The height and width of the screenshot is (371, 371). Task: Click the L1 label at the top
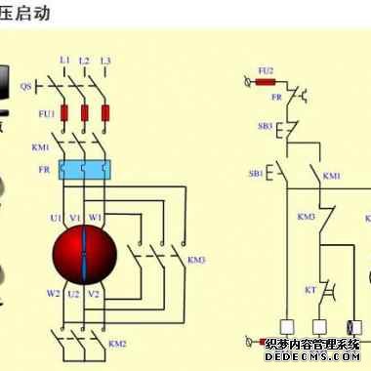coord(64,61)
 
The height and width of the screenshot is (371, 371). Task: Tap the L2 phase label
coord(84,61)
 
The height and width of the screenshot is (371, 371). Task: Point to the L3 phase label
coord(104,61)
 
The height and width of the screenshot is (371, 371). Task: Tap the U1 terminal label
coord(58,216)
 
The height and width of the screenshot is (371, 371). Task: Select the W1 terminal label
coord(95,216)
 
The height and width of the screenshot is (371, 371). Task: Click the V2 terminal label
coord(94,292)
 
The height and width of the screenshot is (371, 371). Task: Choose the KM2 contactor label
coord(118,343)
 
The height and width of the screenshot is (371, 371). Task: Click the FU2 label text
coord(265,70)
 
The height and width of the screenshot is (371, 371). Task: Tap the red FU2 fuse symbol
coord(265,83)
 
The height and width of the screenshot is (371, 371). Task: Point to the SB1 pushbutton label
coord(256,173)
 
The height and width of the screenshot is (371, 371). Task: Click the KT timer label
coord(309,290)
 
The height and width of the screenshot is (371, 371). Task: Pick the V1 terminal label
coord(76,216)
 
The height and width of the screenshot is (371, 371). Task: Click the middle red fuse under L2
coord(84,114)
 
